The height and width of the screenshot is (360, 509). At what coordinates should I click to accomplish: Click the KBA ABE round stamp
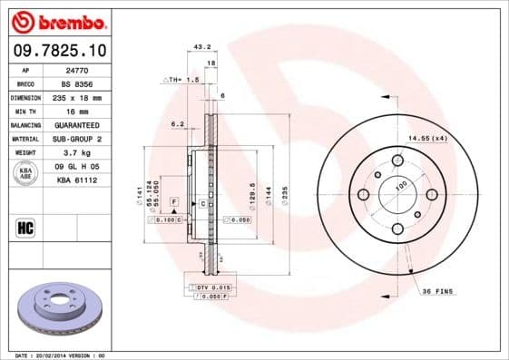click(x=25, y=174)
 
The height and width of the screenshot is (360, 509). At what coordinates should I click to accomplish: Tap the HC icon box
click(x=25, y=226)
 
